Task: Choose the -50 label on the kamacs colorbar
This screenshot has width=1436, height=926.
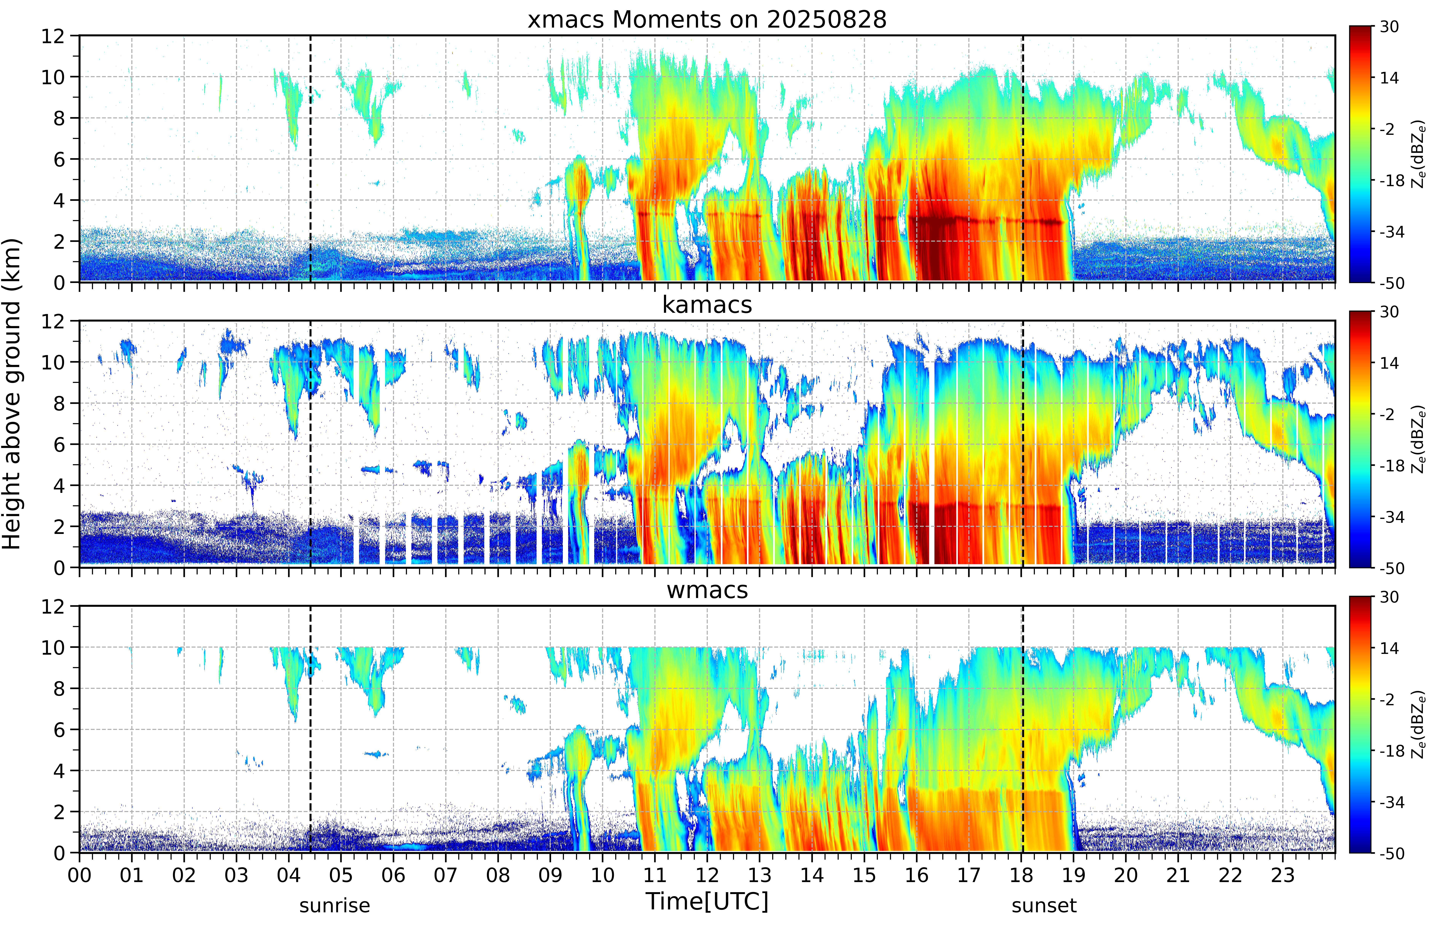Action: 1391,568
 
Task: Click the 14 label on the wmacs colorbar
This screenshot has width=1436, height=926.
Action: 1389,648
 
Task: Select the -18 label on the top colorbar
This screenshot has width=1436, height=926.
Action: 1391,180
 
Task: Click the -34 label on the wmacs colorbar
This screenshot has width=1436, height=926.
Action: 1391,802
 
